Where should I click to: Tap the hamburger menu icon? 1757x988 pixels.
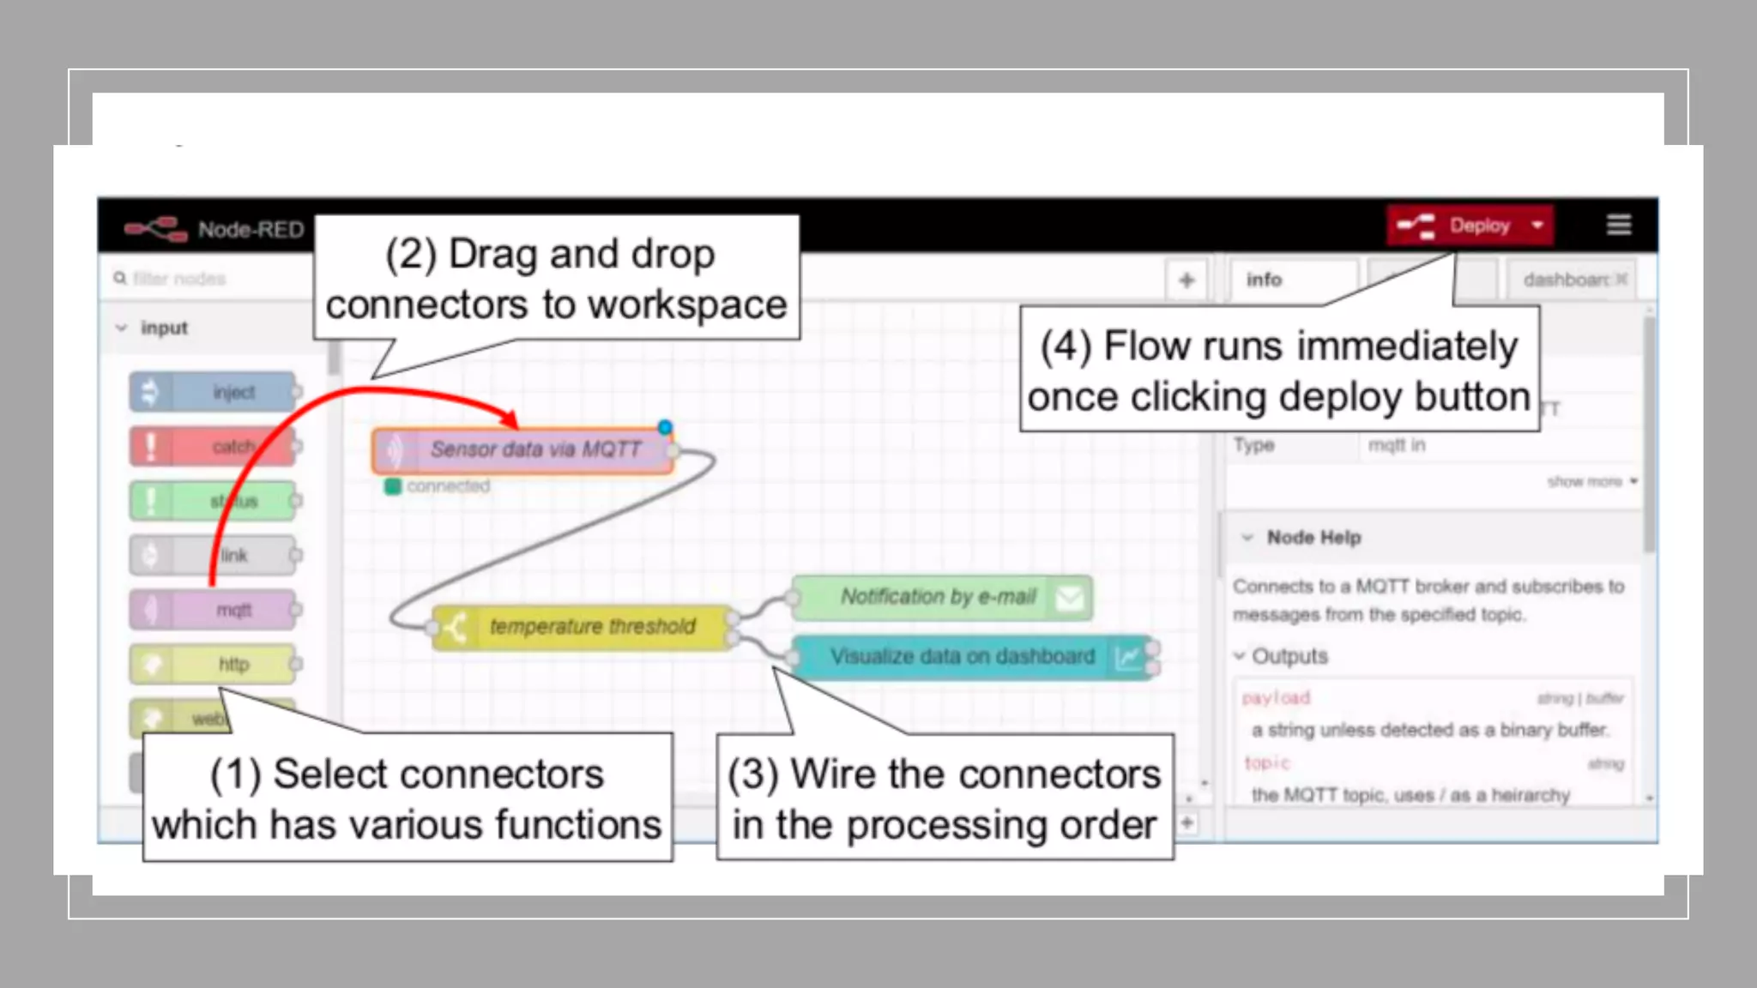(x=1618, y=225)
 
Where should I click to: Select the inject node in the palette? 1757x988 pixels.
(x=213, y=392)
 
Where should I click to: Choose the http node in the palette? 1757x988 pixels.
(x=213, y=664)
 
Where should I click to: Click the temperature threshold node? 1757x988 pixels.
(x=583, y=627)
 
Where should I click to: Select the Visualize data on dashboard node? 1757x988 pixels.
(x=961, y=657)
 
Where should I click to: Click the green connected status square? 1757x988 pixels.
(x=393, y=486)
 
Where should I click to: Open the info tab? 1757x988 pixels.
(x=1265, y=280)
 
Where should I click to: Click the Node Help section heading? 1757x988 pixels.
(x=1313, y=538)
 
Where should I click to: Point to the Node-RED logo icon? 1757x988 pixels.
(x=155, y=229)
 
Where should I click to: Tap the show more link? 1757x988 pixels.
(x=1586, y=482)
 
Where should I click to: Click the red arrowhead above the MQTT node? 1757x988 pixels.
(x=509, y=419)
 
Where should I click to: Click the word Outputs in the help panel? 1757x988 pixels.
(x=1289, y=656)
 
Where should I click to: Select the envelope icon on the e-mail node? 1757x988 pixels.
(x=1069, y=598)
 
